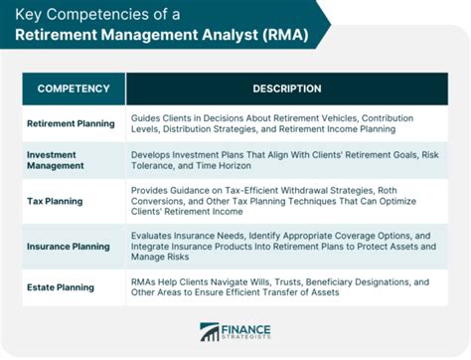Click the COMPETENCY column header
(74, 89)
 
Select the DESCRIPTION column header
(286, 89)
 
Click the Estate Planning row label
(62, 288)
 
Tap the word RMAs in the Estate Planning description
(145, 282)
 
